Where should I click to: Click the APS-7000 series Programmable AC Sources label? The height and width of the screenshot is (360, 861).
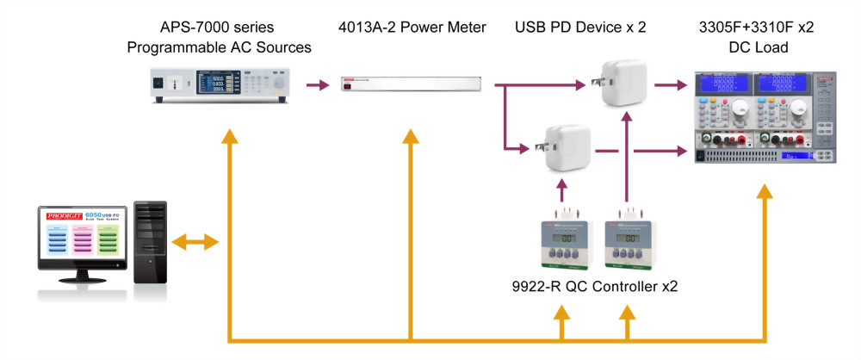[219, 37]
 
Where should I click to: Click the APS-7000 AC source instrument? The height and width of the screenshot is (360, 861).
[219, 86]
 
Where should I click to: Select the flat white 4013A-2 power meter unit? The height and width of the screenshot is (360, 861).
[405, 86]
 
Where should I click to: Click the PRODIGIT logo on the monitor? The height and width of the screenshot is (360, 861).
[59, 212]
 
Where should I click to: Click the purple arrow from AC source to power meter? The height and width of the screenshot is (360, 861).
[319, 85]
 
